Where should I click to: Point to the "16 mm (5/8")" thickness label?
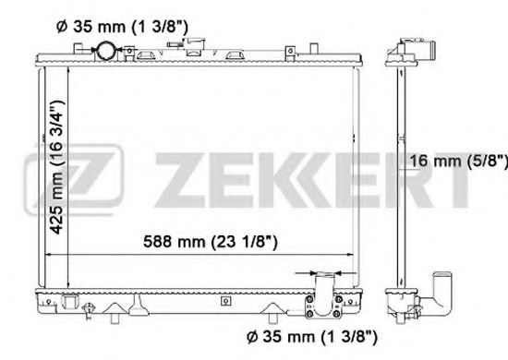pyautogui.click(x=458, y=163)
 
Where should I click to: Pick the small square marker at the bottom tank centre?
pyautogui.click(x=223, y=300)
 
